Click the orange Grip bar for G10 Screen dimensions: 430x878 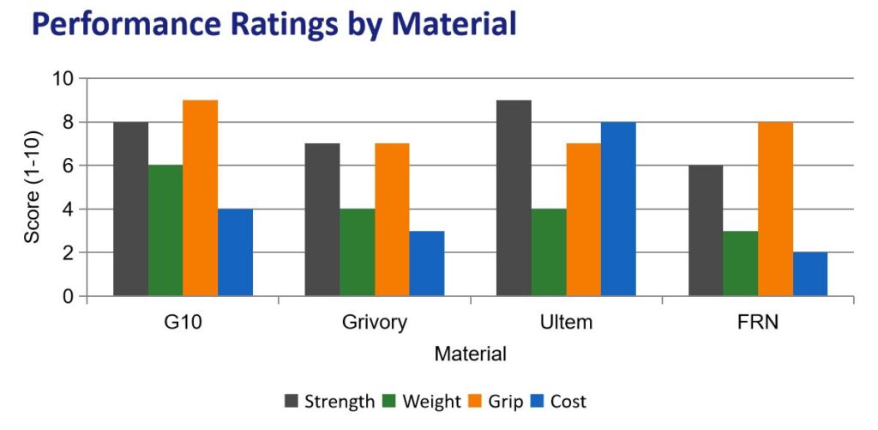(x=201, y=198)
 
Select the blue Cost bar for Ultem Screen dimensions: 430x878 (x=618, y=209)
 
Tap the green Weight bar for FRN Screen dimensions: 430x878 (x=741, y=263)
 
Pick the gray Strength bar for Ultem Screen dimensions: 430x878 (x=514, y=198)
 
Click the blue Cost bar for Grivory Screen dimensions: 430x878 (x=427, y=263)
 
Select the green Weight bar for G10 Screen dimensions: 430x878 (x=165, y=231)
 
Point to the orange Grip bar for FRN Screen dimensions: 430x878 (x=775, y=209)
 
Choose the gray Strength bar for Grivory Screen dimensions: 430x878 (x=322, y=220)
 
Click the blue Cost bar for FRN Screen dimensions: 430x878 (x=810, y=275)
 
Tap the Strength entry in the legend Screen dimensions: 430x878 (x=330, y=401)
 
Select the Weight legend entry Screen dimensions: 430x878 (x=422, y=401)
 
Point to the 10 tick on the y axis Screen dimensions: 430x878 (x=66, y=79)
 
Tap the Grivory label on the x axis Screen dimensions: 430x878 (x=374, y=324)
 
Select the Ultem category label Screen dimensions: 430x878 (x=566, y=324)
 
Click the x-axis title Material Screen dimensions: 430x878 (x=470, y=354)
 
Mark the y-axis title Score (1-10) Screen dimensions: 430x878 (x=32, y=187)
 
